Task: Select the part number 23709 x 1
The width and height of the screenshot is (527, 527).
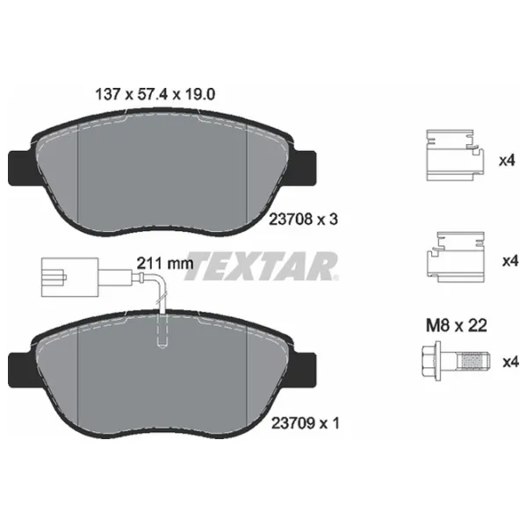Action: [300, 423]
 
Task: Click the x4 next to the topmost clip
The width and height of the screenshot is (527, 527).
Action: [507, 162]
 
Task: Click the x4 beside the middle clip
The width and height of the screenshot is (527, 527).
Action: [507, 261]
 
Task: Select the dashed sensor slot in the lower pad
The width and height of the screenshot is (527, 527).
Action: [161, 331]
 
